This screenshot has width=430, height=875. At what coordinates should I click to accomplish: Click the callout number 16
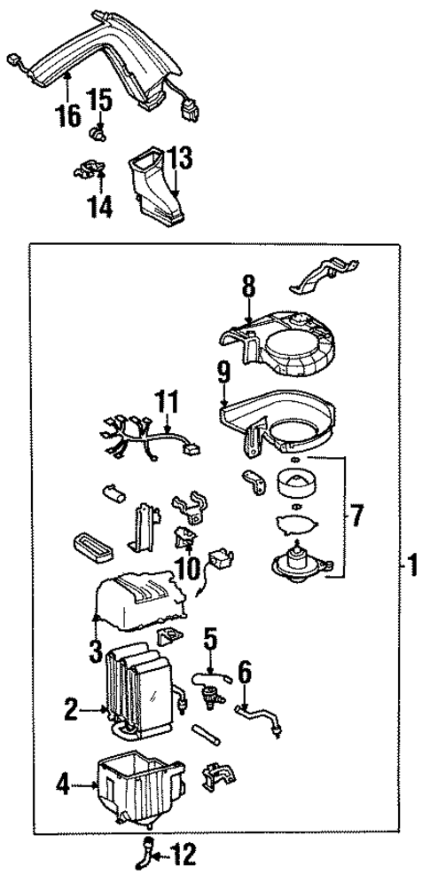coord(68,114)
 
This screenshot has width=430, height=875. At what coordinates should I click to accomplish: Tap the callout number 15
coord(101,100)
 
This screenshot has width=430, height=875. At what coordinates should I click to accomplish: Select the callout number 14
coord(101,206)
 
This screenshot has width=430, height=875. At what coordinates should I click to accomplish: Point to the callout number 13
coord(179,159)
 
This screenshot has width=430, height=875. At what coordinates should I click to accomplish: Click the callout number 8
coord(248,287)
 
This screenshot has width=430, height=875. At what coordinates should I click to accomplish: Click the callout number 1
coord(411,564)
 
